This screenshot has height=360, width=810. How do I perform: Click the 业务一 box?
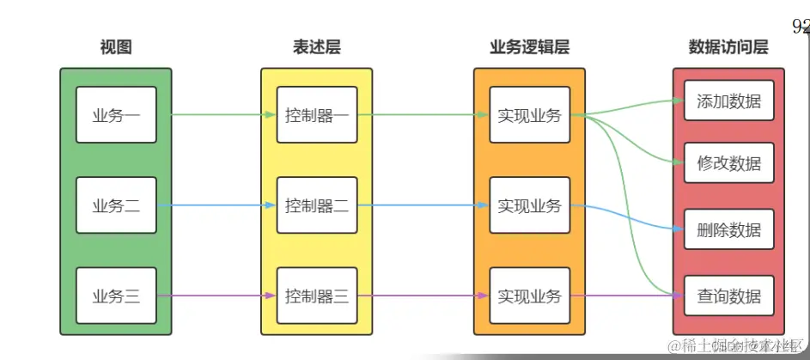coord(116,114)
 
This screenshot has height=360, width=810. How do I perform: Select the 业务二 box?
coord(116,205)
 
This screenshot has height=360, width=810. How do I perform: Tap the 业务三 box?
coord(116,296)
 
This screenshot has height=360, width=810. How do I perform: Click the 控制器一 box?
coord(316,114)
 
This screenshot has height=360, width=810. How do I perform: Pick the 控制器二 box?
coord(316,205)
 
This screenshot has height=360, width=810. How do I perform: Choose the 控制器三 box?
coord(316,296)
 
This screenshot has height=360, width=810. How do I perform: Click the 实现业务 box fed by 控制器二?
coord(529,205)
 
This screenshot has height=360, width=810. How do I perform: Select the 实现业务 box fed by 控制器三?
coord(529,296)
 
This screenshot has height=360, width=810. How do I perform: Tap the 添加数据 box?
coord(728,101)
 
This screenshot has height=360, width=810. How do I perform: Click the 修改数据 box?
coord(728,162)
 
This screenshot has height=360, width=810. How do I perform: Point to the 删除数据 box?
coord(728,230)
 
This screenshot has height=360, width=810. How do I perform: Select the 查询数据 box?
coord(728,296)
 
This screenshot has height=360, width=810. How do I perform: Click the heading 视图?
coord(116,47)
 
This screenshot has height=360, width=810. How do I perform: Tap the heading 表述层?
coord(316,47)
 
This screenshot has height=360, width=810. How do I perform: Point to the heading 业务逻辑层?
coord(529,47)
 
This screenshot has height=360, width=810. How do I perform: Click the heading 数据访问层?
coord(728,47)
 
